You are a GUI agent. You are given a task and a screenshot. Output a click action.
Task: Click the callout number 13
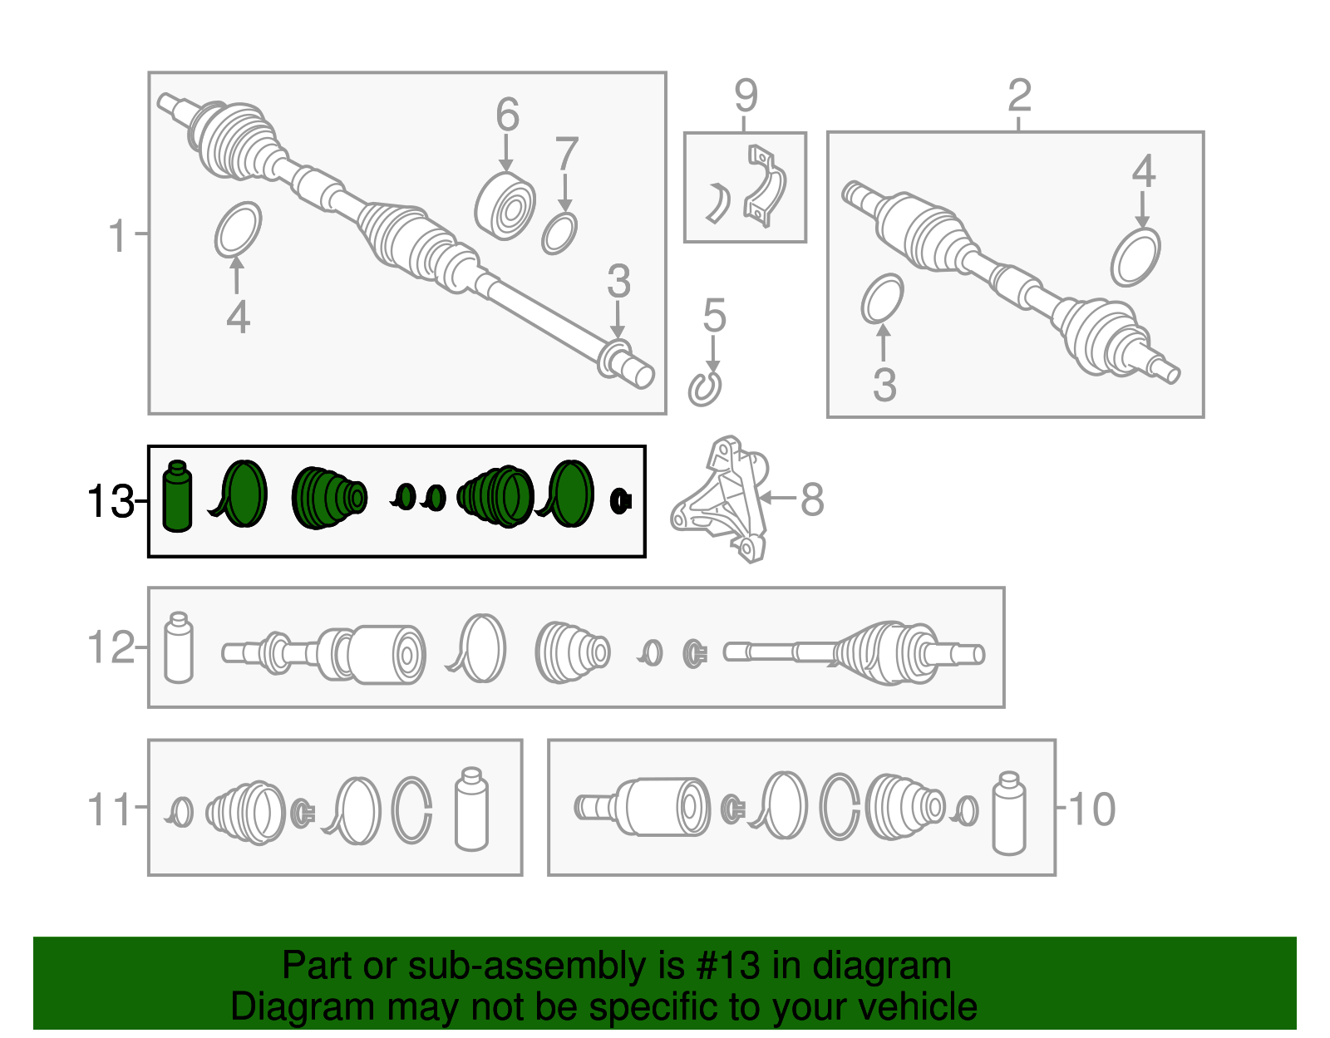tap(111, 502)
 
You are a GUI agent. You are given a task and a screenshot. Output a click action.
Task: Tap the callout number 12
tap(111, 647)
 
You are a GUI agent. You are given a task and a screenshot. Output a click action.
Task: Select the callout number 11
tap(109, 809)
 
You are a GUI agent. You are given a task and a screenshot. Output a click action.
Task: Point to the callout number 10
tap(1092, 809)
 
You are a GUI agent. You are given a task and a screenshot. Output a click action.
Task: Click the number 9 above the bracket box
tap(746, 96)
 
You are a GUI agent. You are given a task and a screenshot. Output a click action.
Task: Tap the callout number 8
tap(812, 499)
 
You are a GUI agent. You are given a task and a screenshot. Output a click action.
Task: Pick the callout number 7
tap(567, 154)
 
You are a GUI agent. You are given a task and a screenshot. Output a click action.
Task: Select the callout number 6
tap(507, 115)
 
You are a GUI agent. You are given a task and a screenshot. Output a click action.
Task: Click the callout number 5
tap(714, 316)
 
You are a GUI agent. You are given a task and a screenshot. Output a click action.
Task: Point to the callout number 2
tap(1020, 96)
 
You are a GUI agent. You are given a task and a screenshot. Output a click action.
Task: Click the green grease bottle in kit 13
tap(178, 496)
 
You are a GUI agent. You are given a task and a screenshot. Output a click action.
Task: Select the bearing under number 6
tap(505, 206)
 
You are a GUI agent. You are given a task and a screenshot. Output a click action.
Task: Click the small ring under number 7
tap(559, 234)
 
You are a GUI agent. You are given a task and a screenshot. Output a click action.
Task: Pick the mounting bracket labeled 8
tap(720, 499)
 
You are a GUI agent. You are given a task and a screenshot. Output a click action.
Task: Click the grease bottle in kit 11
tap(471, 809)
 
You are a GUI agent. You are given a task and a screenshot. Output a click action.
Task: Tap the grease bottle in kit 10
tap(1009, 814)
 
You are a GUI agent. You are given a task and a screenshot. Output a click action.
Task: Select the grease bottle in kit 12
tap(179, 647)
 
